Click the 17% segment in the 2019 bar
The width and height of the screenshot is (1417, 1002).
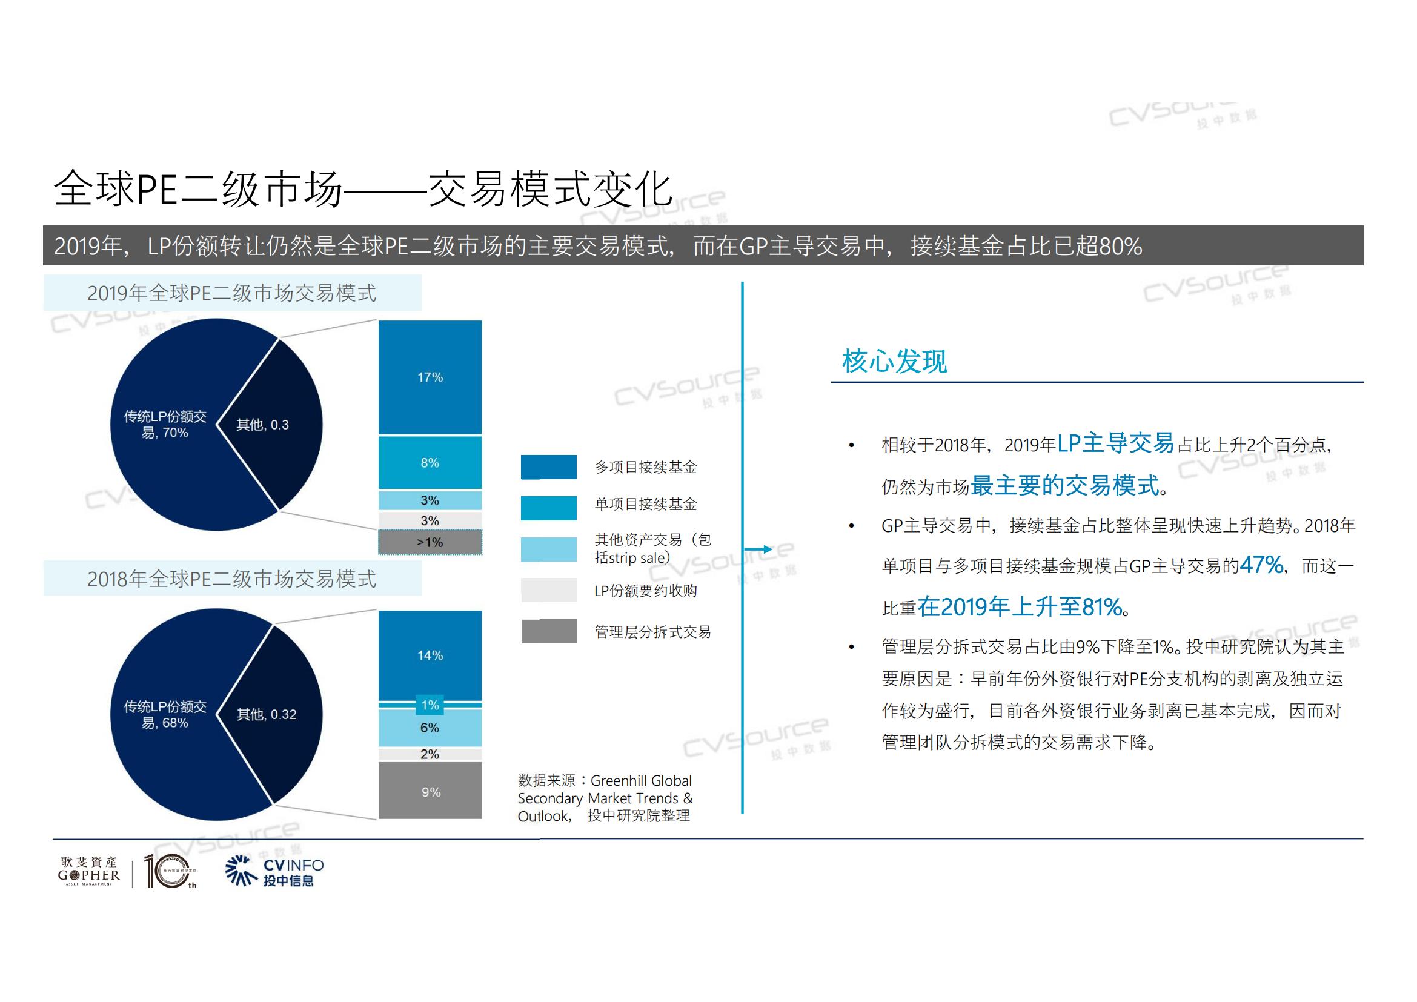click(430, 377)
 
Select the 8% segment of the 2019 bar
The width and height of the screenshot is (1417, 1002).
click(430, 463)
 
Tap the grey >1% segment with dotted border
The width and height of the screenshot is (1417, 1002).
click(430, 542)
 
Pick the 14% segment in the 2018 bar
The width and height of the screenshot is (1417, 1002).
click(430, 655)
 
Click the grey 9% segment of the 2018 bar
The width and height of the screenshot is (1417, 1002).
click(430, 792)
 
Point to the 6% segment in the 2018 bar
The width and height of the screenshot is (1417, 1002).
click(430, 728)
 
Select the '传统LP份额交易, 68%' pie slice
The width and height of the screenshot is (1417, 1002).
click(165, 714)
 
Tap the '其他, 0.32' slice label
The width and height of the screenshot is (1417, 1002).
click(267, 714)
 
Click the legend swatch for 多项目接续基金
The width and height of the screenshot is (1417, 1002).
click(549, 467)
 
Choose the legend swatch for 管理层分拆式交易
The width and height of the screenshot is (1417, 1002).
click(549, 631)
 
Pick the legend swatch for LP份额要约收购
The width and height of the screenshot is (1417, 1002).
click(549, 591)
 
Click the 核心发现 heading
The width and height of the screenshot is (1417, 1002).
click(894, 362)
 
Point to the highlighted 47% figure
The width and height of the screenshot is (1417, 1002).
click(1261, 565)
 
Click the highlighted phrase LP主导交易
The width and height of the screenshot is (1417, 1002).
click(1115, 443)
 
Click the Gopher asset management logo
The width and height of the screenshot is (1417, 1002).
click(89, 872)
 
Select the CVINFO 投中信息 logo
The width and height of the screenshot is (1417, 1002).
click(274, 872)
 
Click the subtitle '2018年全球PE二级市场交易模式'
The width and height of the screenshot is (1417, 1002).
click(231, 579)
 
